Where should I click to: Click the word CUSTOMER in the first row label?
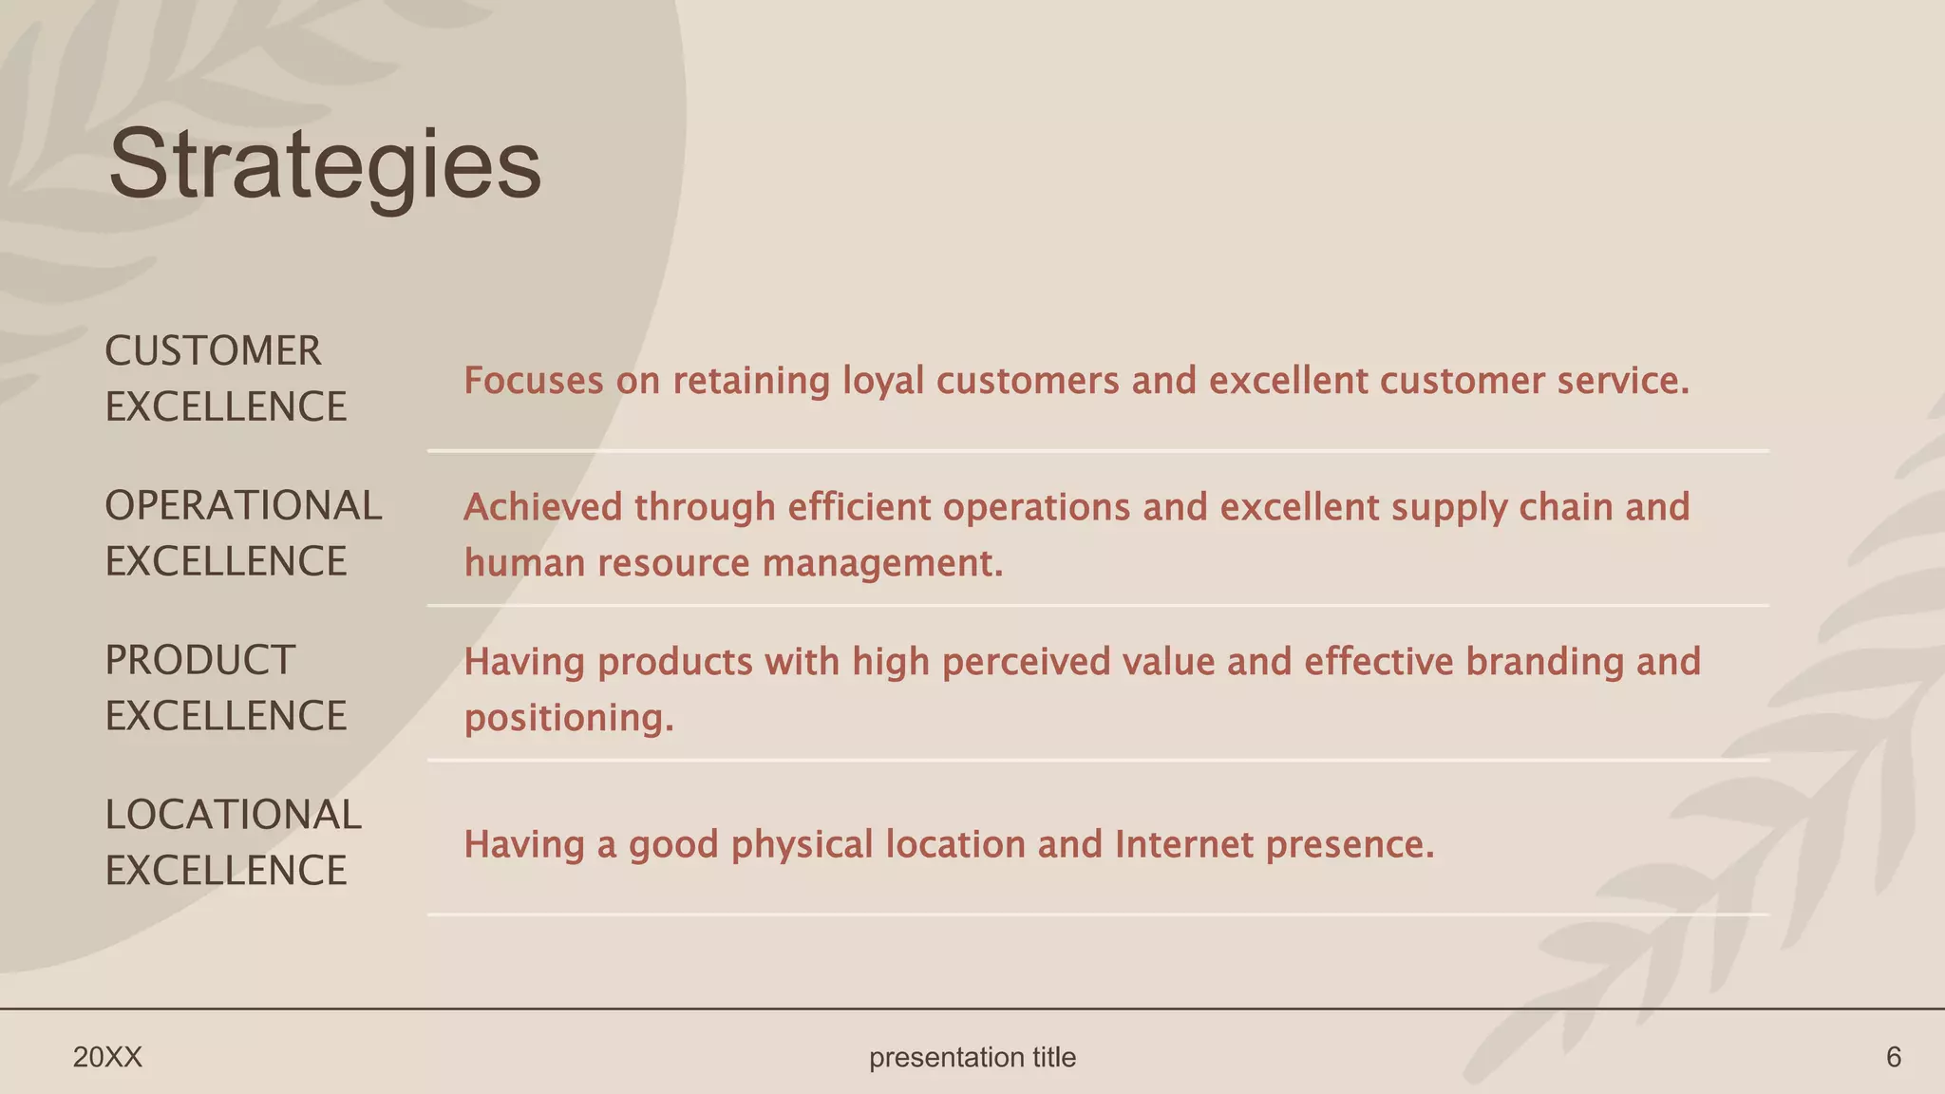tap(213, 351)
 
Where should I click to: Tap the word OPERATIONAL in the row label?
tap(243, 506)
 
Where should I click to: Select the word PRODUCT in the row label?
tap(199, 661)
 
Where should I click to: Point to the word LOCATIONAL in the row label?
tap(233, 815)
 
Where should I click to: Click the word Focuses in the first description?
tap(533, 381)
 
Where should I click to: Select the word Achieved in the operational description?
tap(542, 507)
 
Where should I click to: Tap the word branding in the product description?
tap(1544, 662)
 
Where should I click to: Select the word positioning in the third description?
tap(567, 718)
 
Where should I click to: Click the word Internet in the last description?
tap(1183, 844)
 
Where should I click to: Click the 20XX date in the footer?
tap(107, 1057)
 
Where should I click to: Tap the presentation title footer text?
tap(972, 1057)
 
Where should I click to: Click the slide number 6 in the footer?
tap(1893, 1057)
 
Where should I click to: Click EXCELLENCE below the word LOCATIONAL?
tap(226, 871)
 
